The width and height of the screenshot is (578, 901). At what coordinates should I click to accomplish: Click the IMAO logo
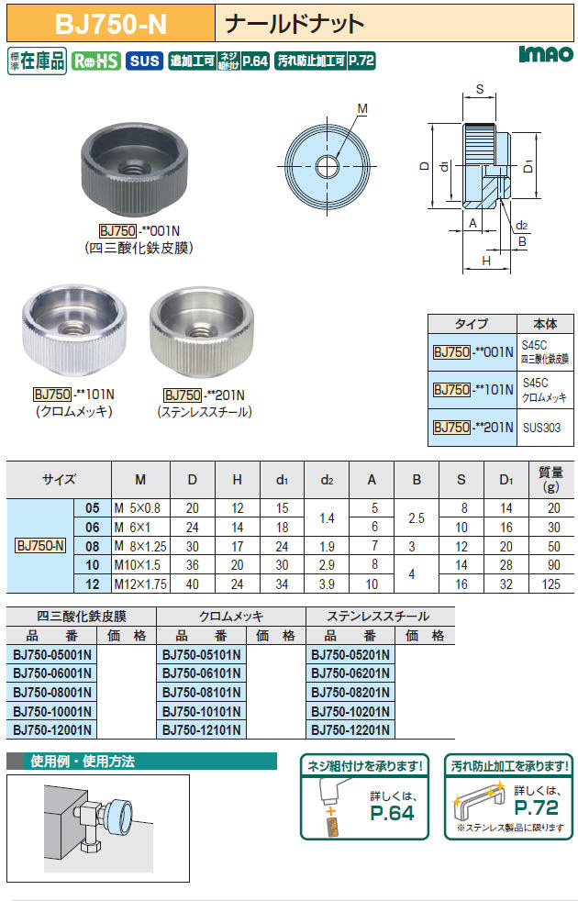(x=546, y=54)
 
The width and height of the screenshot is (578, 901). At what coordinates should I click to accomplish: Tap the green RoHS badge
(x=96, y=61)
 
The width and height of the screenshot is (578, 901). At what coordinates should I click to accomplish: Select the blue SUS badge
(x=144, y=61)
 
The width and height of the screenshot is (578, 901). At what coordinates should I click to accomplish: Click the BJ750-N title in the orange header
(x=111, y=25)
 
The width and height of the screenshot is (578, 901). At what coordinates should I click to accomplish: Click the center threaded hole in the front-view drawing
(x=327, y=167)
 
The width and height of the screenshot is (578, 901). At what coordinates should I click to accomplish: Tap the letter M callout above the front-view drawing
(x=362, y=108)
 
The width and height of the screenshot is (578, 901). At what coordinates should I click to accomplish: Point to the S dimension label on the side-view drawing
(x=479, y=89)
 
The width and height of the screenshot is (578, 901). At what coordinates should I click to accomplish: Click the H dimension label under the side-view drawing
(x=486, y=261)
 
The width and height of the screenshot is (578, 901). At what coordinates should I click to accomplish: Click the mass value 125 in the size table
(x=550, y=584)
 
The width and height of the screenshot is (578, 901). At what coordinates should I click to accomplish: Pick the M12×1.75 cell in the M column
(x=140, y=584)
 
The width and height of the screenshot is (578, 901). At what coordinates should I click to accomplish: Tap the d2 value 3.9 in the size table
(x=327, y=584)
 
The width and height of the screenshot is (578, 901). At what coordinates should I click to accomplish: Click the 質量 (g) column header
(x=550, y=479)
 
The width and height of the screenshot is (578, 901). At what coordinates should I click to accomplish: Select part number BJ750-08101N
(x=202, y=692)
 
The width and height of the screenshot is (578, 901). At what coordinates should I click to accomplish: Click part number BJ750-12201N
(x=350, y=729)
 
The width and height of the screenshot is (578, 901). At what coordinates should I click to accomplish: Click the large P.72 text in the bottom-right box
(x=536, y=807)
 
